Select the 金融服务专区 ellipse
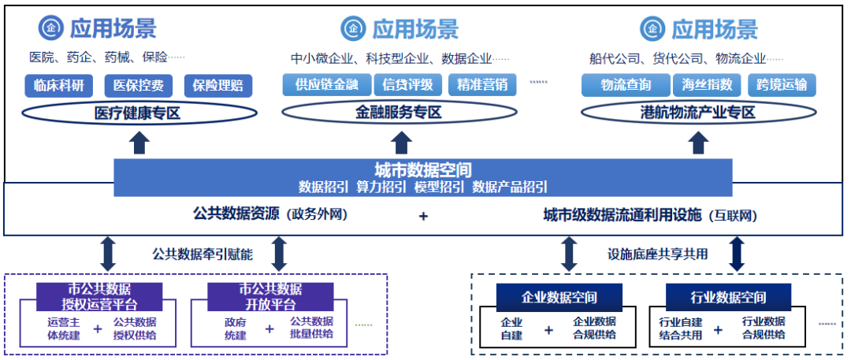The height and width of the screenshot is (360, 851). pyautogui.click(x=403, y=113)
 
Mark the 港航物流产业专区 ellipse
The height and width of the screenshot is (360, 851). pyautogui.click(x=697, y=113)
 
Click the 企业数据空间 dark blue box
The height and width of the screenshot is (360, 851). pyautogui.click(x=559, y=298)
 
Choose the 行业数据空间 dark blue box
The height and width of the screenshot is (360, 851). pyautogui.click(x=728, y=298)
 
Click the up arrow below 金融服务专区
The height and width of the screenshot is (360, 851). pyautogui.click(x=403, y=143)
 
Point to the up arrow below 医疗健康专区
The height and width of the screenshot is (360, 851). pyautogui.click(x=139, y=143)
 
